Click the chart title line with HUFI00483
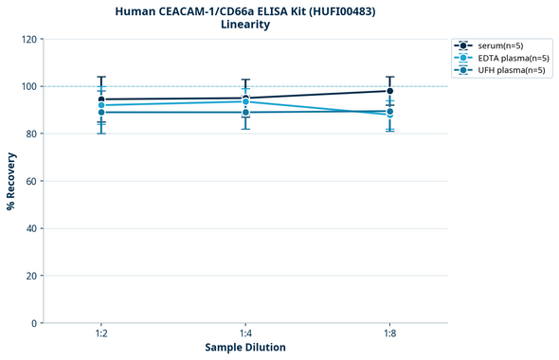(x=245, y=10)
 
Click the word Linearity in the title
(x=245, y=25)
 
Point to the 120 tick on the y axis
(x=29, y=39)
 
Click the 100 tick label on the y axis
(x=29, y=86)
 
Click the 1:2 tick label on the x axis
(x=101, y=334)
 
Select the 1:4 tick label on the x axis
(x=245, y=334)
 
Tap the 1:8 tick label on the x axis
(x=389, y=334)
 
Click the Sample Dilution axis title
(x=245, y=348)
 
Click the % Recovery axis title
(x=11, y=181)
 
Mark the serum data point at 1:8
(x=389, y=91)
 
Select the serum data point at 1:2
(x=101, y=99)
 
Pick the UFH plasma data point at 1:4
(x=245, y=113)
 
